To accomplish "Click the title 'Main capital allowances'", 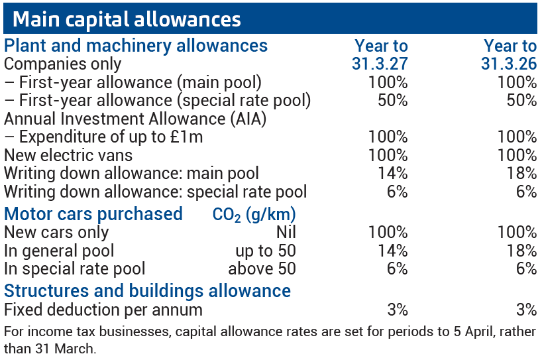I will [126, 19].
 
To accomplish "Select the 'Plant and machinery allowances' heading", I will [136, 46].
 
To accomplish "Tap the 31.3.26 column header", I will [509, 64].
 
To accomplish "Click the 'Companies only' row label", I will [63, 64].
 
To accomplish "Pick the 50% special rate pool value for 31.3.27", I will [388, 101].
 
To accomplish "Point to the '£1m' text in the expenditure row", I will [186, 137].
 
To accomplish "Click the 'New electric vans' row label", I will [68, 156].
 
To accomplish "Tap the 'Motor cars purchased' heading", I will [93, 214].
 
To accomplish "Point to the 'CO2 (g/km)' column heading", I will [254, 215].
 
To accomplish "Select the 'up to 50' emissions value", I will [266, 251].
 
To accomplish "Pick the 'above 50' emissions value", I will [262, 269].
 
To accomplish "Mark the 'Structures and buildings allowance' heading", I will [147, 290].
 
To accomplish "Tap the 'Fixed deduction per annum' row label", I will [103, 310].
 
